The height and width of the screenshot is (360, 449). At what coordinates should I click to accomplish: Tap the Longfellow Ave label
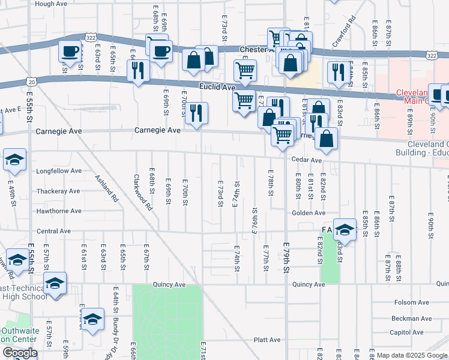click(58, 170)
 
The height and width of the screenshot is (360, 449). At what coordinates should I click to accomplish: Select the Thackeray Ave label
click(58, 191)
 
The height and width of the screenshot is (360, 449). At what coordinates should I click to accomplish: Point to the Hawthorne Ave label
click(58, 211)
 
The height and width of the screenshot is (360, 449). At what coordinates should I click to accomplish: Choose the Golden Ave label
click(309, 212)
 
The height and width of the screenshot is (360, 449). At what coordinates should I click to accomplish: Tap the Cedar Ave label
click(307, 160)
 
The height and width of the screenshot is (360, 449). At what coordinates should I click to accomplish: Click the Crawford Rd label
click(355, 31)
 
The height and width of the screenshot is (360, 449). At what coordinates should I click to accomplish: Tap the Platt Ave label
click(267, 340)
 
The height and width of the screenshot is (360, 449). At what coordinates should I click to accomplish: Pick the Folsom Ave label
click(410, 302)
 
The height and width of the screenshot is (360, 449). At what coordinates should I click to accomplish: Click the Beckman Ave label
click(411, 319)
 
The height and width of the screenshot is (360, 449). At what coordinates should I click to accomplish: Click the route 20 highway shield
click(31, 80)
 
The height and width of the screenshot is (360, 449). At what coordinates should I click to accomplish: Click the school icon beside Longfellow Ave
click(14, 159)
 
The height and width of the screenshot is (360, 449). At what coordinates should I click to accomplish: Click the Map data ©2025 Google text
click(411, 355)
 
